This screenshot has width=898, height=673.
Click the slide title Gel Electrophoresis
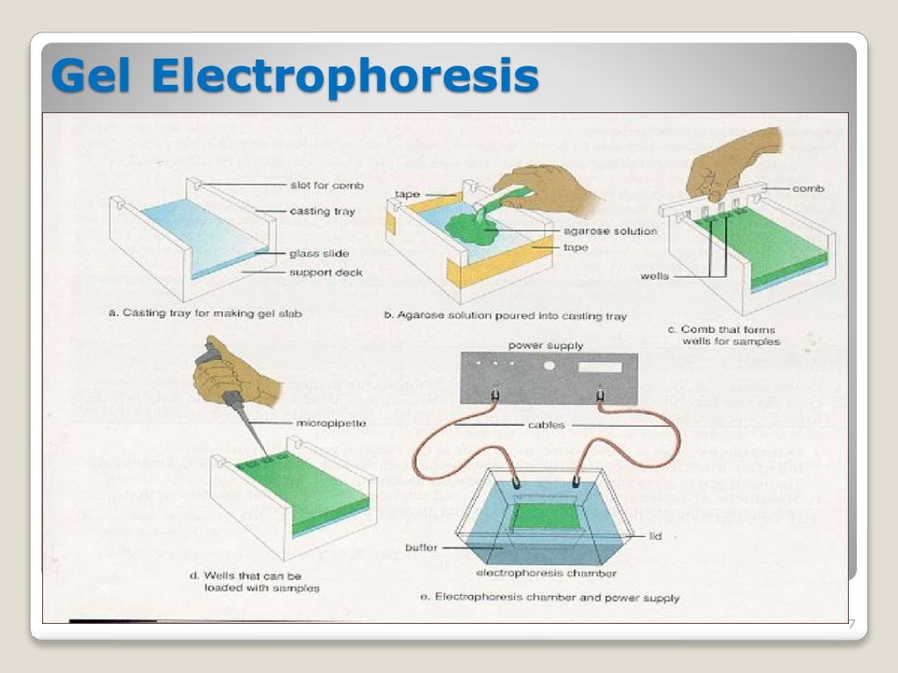coord(294,77)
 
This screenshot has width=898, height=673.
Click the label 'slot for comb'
coord(326,186)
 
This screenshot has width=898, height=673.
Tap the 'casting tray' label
coord(323,211)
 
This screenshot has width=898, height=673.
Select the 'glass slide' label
coord(319,254)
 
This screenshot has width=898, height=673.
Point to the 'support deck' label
coord(325,273)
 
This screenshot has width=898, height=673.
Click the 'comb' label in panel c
coord(807,188)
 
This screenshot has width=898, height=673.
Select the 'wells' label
coord(654,276)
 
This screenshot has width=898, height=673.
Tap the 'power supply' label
coord(545,345)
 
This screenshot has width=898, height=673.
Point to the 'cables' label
coord(546,425)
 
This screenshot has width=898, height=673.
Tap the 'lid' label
coord(655,536)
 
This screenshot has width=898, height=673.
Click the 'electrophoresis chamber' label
coord(545,574)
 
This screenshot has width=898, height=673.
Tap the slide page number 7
coord(850,624)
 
